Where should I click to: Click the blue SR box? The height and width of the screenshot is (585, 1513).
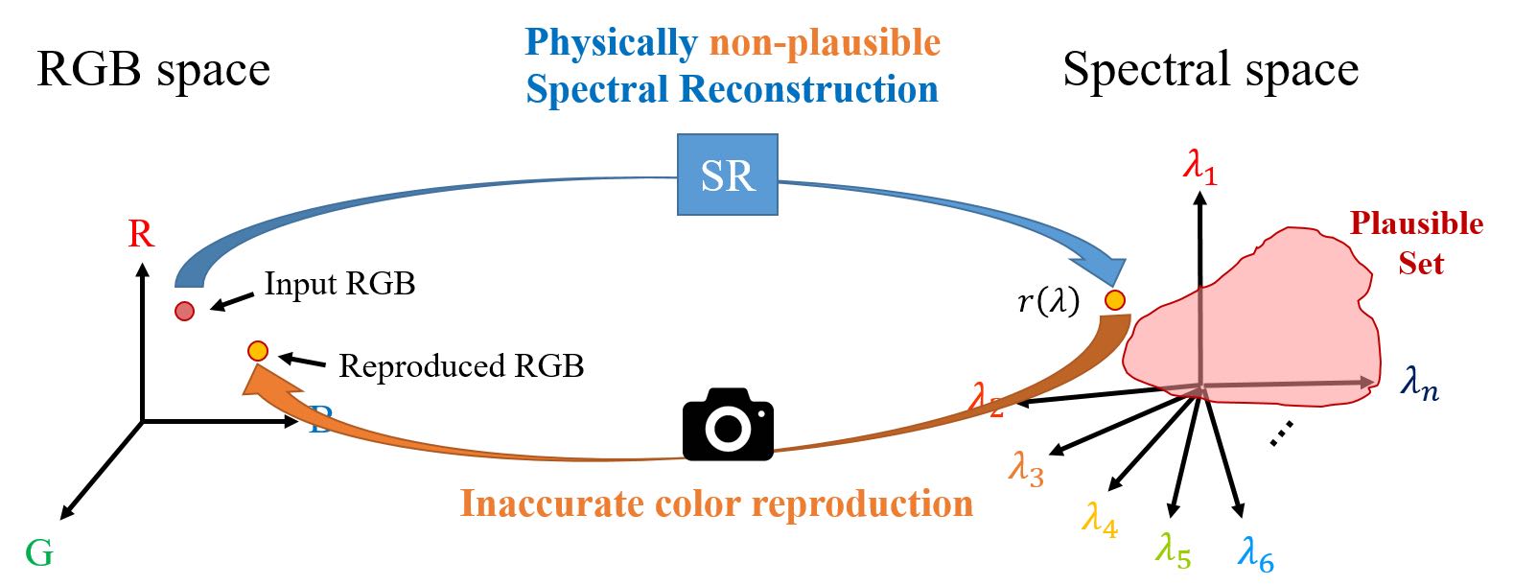pyautogui.click(x=727, y=175)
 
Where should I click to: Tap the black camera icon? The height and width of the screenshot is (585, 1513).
pyautogui.click(x=728, y=424)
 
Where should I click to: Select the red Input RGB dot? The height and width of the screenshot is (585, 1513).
pyautogui.click(x=184, y=311)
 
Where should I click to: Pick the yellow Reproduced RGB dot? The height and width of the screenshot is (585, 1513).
pyautogui.click(x=257, y=351)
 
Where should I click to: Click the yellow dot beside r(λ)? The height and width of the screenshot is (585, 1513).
pyautogui.click(x=1114, y=300)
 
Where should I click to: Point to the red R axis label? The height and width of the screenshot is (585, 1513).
pyautogui.click(x=141, y=234)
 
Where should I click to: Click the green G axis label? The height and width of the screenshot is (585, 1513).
pyautogui.click(x=39, y=553)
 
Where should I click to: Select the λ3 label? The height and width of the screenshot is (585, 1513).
pyautogui.click(x=1025, y=469)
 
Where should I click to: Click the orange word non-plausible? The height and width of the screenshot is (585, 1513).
pyautogui.click(x=825, y=42)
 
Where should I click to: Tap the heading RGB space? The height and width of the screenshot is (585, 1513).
pyautogui.click(x=153, y=69)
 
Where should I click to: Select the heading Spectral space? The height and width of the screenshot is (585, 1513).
pyautogui.click(x=1210, y=69)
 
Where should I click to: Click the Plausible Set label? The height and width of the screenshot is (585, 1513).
pyautogui.click(x=1417, y=243)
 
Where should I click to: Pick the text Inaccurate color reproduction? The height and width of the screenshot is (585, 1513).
pyautogui.click(x=716, y=503)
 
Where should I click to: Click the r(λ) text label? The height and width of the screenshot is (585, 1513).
pyautogui.click(x=1048, y=302)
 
